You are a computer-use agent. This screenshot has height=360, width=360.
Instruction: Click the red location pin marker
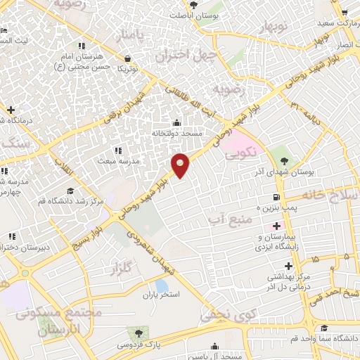[181, 164]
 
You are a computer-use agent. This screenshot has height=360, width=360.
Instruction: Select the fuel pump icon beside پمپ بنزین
[277, 197]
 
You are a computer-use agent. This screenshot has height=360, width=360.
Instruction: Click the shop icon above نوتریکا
[127, 58]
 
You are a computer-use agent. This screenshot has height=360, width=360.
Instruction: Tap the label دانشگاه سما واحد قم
[322, 338]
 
